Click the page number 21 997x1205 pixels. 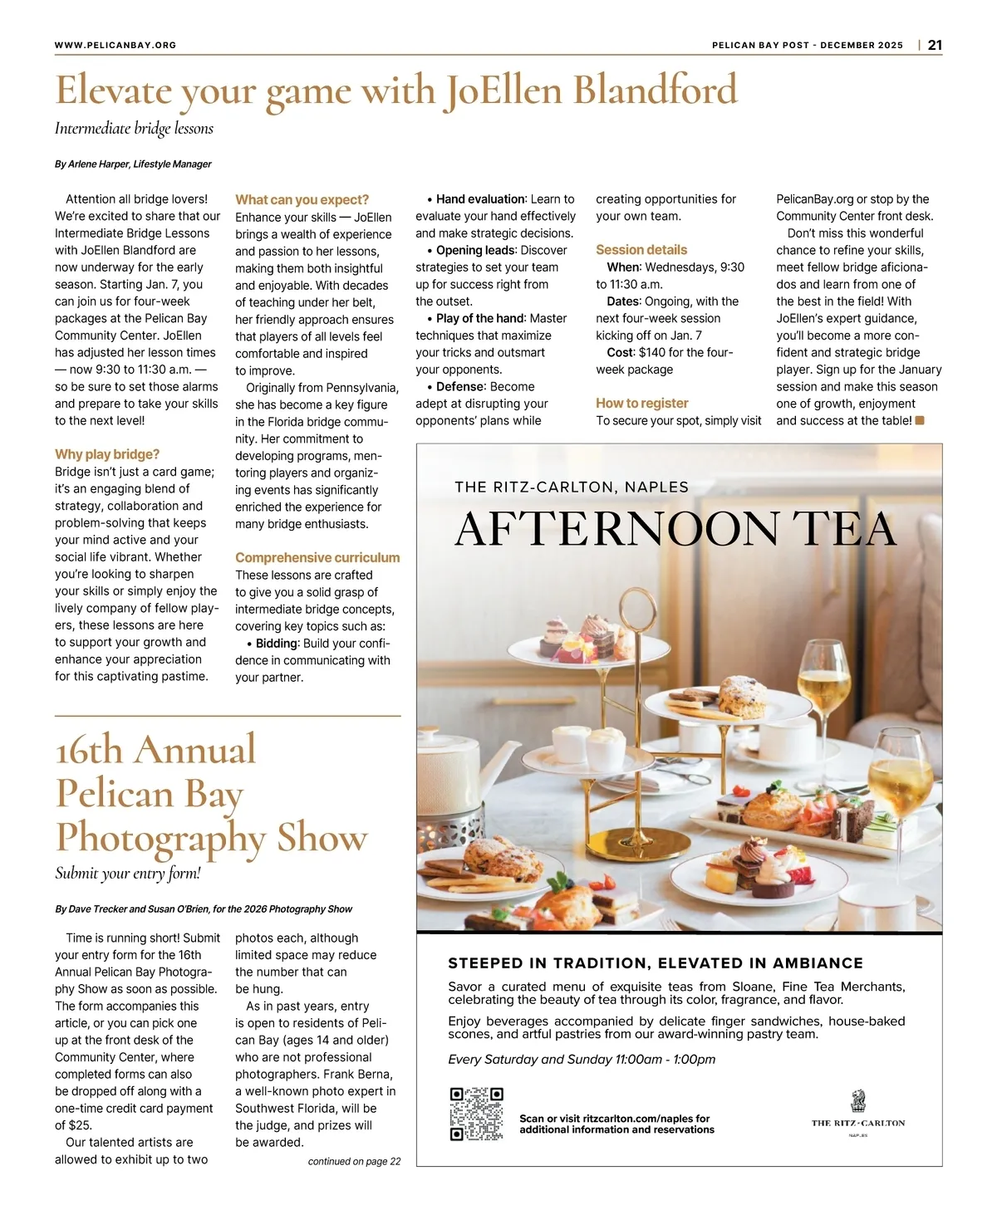pos(935,45)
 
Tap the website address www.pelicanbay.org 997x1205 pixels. pos(115,45)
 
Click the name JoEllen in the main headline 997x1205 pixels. pos(503,91)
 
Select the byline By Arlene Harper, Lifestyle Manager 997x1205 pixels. pos(133,164)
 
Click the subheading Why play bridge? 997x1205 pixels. pos(107,454)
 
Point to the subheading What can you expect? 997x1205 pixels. pos(302,200)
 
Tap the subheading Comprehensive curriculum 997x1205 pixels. pos(317,558)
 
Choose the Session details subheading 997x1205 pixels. pos(641,250)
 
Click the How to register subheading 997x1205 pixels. pos(642,404)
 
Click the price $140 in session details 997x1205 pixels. pos(652,352)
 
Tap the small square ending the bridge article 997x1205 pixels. pos(920,421)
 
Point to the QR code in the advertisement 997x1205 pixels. pos(477,1114)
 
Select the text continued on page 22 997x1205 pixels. pos(354,1162)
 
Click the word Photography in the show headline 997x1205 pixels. pos(160,837)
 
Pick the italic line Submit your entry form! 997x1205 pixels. pos(128,874)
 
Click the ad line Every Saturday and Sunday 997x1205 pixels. pos(582,1060)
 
